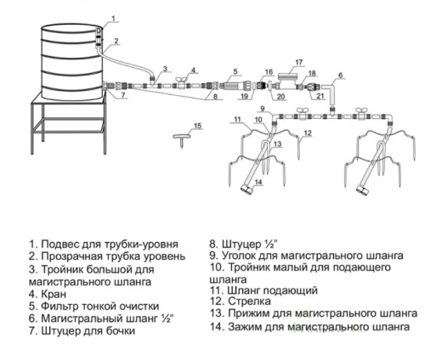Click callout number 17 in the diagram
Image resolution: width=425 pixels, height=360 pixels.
pyautogui.click(x=298, y=62)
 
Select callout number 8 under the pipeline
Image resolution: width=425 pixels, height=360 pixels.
pyautogui.click(x=216, y=98)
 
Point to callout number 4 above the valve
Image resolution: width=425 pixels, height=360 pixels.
pyautogui.click(x=194, y=70)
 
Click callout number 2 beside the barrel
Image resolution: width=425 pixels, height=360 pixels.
pyautogui.click(x=117, y=40)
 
